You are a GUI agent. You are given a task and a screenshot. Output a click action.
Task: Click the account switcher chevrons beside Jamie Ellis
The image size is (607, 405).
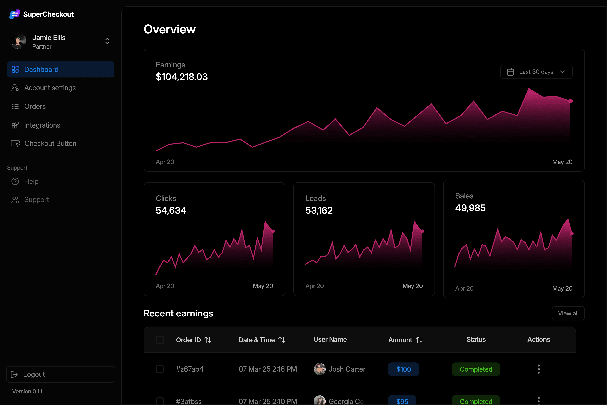107,41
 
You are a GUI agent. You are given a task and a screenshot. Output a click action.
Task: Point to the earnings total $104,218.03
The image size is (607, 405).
182,77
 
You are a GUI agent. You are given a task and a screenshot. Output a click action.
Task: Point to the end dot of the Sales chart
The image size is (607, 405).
572,234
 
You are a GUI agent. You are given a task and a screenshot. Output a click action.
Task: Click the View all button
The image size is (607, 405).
568,313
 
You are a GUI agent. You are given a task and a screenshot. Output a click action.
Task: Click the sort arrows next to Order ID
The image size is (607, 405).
208,340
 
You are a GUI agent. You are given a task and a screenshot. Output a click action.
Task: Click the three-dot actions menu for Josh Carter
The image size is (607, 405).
539,369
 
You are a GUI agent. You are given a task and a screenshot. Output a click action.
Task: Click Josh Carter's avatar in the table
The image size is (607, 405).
320,369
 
